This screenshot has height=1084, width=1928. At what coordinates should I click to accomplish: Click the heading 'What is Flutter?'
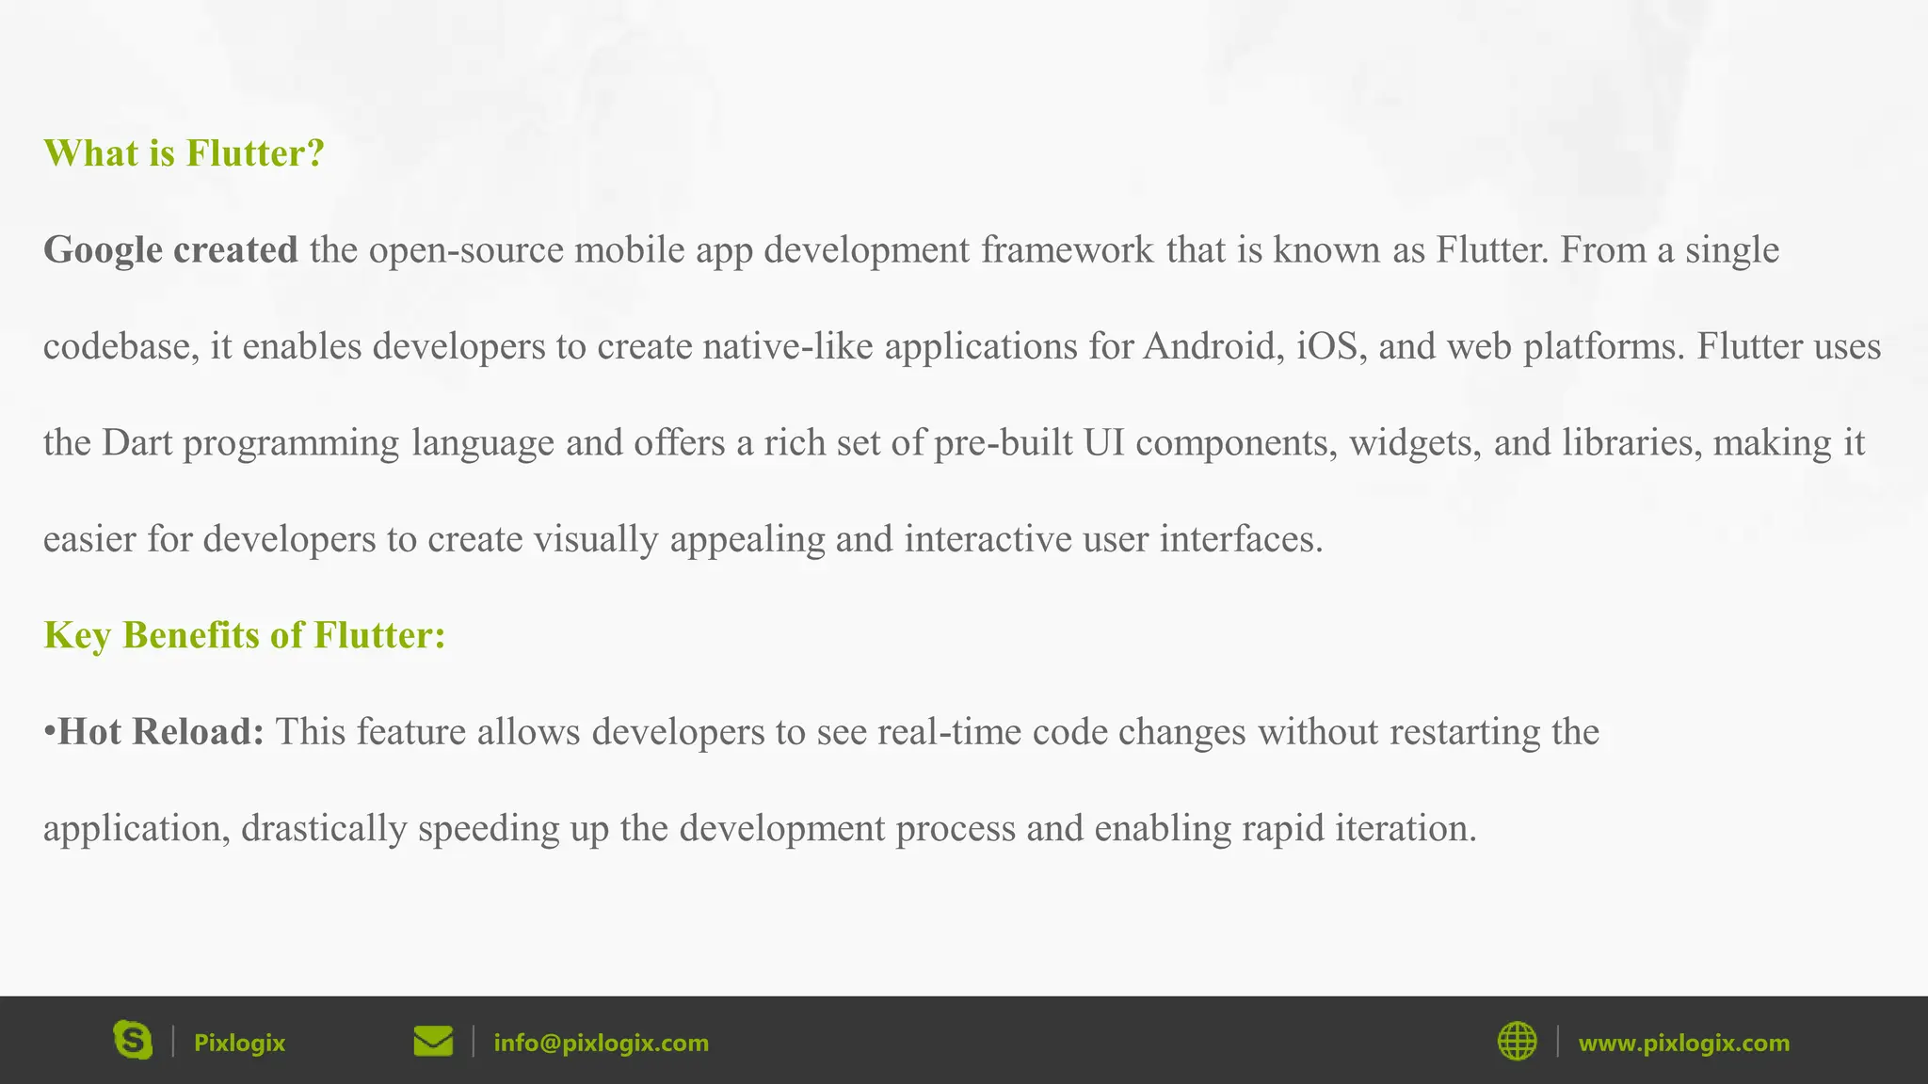point(184,153)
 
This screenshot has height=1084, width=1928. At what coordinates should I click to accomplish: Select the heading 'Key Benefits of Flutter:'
point(244,635)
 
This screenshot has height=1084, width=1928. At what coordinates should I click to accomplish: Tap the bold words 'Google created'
point(170,250)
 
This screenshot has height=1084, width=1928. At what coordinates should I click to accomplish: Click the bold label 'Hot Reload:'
point(161,732)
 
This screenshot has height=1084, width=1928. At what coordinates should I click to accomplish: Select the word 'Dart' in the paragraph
point(137,443)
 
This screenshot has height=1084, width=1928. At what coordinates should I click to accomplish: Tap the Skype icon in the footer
point(133,1041)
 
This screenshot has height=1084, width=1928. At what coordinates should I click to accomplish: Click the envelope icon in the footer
point(433,1042)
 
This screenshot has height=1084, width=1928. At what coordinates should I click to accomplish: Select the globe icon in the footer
point(1517,1042)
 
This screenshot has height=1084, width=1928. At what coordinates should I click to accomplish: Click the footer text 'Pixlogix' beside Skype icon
point(239,1043)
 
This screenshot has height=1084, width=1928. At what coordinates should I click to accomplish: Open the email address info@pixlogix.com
point(601,1043)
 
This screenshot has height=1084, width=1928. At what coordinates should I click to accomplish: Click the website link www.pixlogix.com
point(1683,1043)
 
